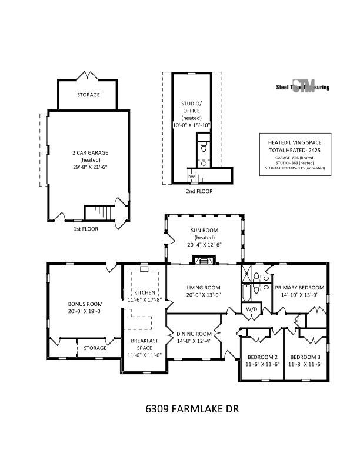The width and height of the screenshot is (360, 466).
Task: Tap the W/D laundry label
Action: pos(251,309)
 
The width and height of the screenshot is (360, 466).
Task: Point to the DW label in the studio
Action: pos(191,177)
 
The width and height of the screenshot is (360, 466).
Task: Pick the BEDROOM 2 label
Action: pos(262,357)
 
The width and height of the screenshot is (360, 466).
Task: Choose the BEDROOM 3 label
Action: pos(305,357)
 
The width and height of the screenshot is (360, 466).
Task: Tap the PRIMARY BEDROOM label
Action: pos(300,288)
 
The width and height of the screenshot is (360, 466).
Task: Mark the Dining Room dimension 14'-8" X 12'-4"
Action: pos(194,341)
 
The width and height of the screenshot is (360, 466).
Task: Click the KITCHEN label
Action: pos(145,292)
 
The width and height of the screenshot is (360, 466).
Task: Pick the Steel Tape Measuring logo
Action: pos(303,87)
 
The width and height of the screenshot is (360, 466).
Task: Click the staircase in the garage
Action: pos(99,212)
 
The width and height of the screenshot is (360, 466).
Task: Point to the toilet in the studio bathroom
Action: pos(204,148)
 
